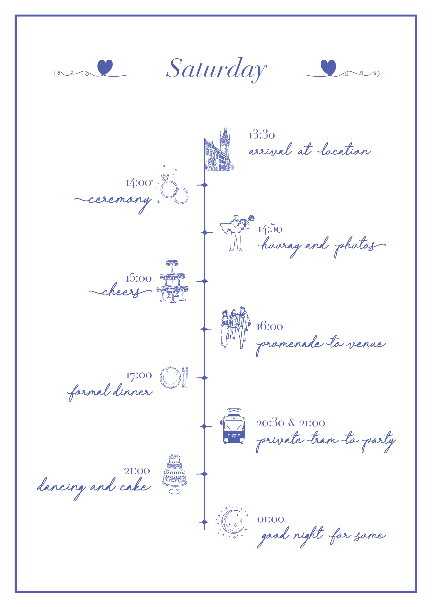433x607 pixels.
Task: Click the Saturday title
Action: click(x=216, y=69)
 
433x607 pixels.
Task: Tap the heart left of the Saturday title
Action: click(x=105, y=67)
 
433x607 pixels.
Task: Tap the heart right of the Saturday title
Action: click(x=328, y=67)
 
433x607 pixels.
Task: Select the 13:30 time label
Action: click(x=261, y=135)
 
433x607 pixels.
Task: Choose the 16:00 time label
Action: click(x=270, y=327)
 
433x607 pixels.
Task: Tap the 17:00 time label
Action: click(x=139, y=375)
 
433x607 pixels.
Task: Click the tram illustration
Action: click(x=233, y=426)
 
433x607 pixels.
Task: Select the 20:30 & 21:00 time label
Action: click(x=290, y=423)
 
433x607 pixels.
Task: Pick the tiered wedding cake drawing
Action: click(x=174, y=474)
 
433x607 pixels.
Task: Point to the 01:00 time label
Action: click(x=270, y=519)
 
